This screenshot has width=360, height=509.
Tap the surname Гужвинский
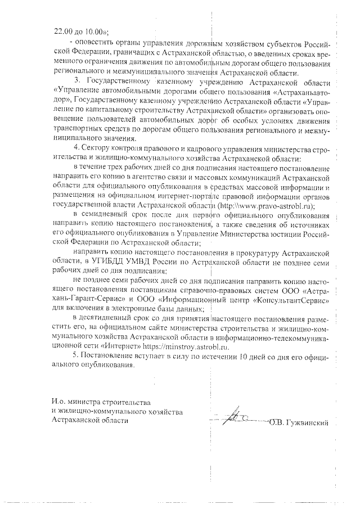(308, 422)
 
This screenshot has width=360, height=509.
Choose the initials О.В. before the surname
(278, 422)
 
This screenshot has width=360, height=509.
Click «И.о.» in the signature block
(55, 402)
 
